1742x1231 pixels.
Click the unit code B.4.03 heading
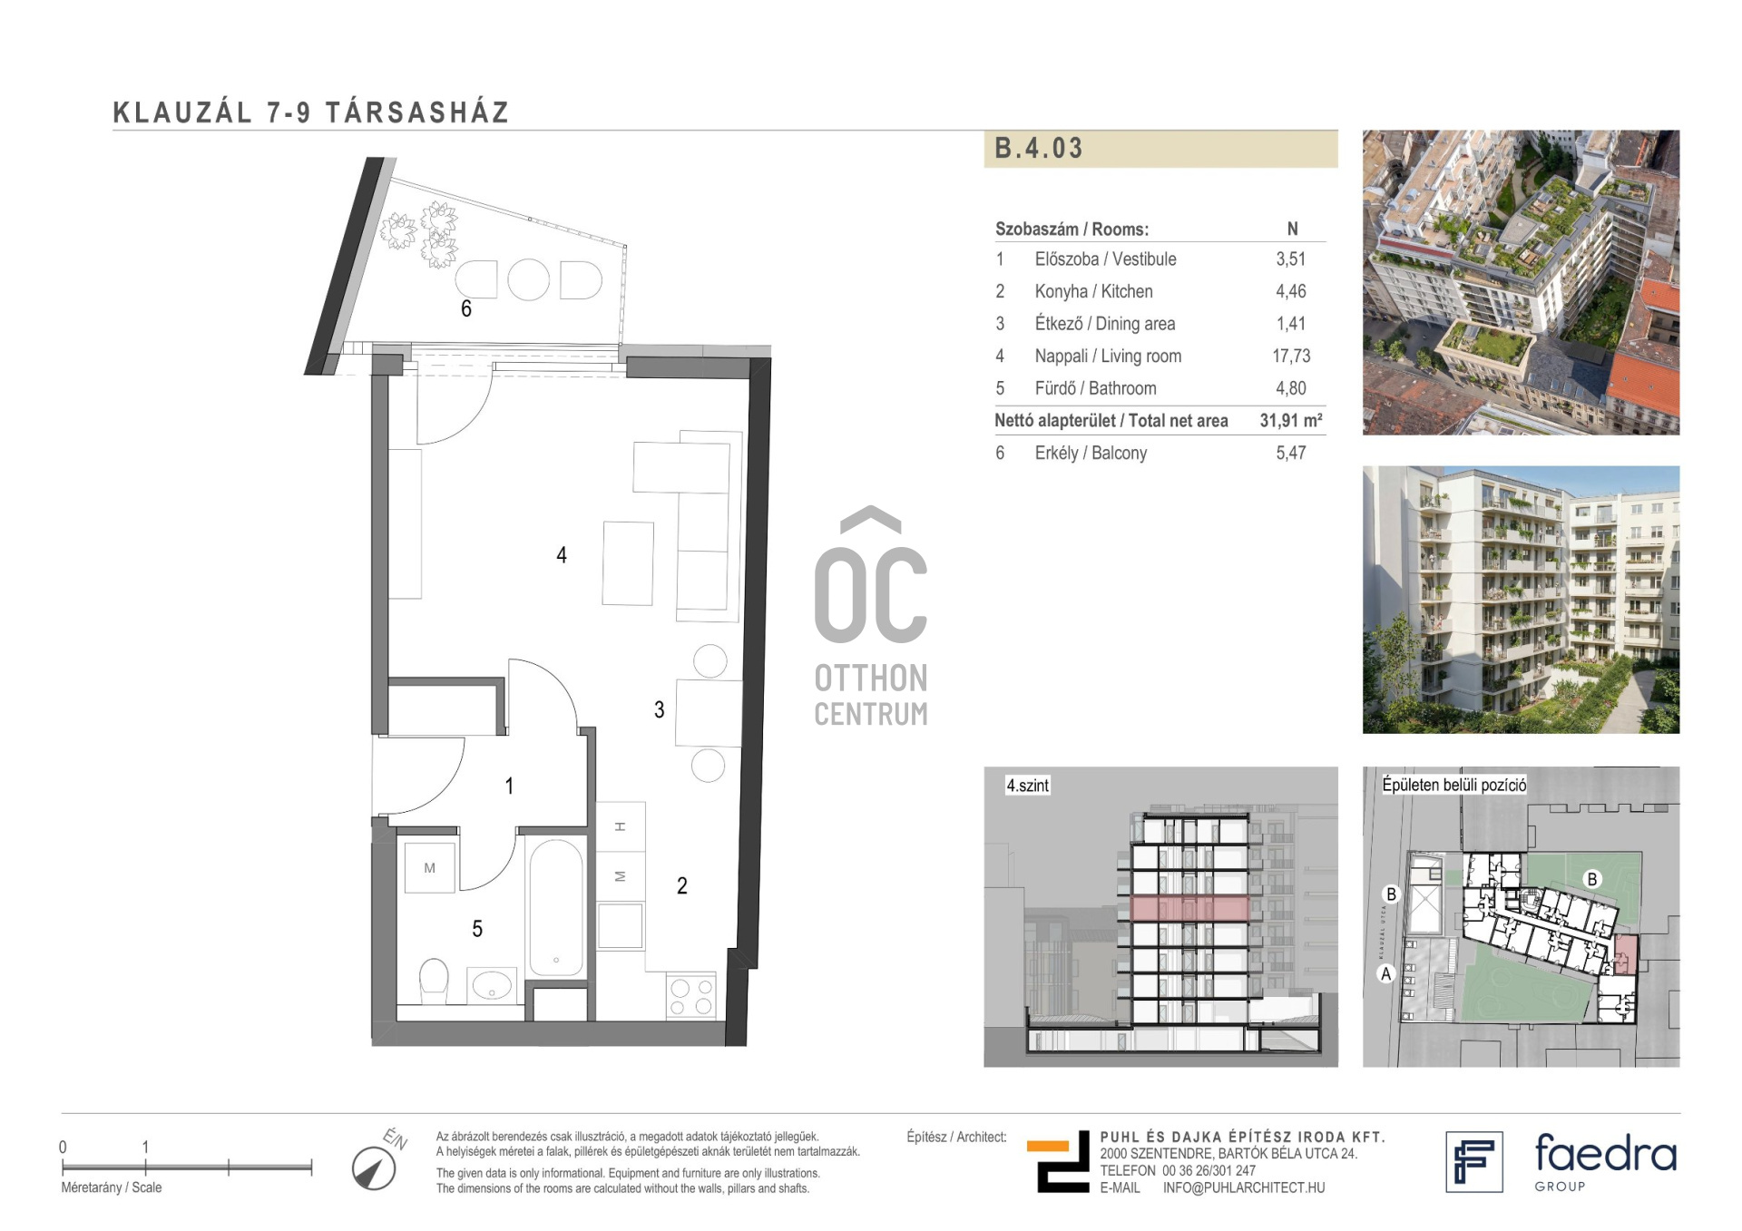click(1038, 148)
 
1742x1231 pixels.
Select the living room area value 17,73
click(1291, 356)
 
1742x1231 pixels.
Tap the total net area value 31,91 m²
click(1291, 420)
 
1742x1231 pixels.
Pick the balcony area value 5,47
click(1291, 453)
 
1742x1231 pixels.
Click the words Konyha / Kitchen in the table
click(1093, 291)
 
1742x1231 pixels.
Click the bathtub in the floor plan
click(555, 907)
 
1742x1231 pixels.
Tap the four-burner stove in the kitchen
click(691, 996)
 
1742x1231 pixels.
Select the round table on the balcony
click(528, 279)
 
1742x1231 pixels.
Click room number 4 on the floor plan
click(562, 554)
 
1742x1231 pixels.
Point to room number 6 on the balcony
click(466, 308)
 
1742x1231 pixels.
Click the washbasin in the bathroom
click(492, 985)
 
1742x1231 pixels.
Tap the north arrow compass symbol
click(374, 1168)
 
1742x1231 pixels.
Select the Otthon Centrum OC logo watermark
click(871, 616)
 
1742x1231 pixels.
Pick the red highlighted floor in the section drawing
click(1189, 907)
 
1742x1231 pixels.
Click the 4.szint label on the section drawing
click(1027, 786)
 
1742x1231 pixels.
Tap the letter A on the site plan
click(1385, 974)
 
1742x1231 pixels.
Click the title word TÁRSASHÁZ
click(417, 112)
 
